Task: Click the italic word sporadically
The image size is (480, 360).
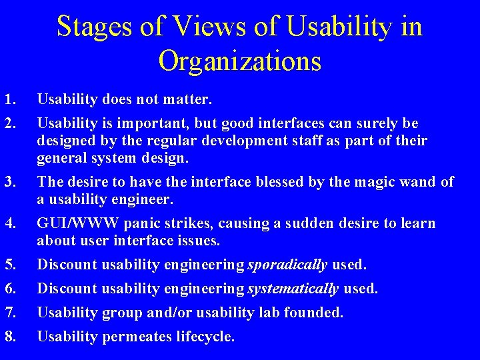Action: (287, 265)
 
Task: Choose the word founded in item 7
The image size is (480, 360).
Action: (316, 313)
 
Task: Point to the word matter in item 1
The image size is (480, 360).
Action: (189, 100)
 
